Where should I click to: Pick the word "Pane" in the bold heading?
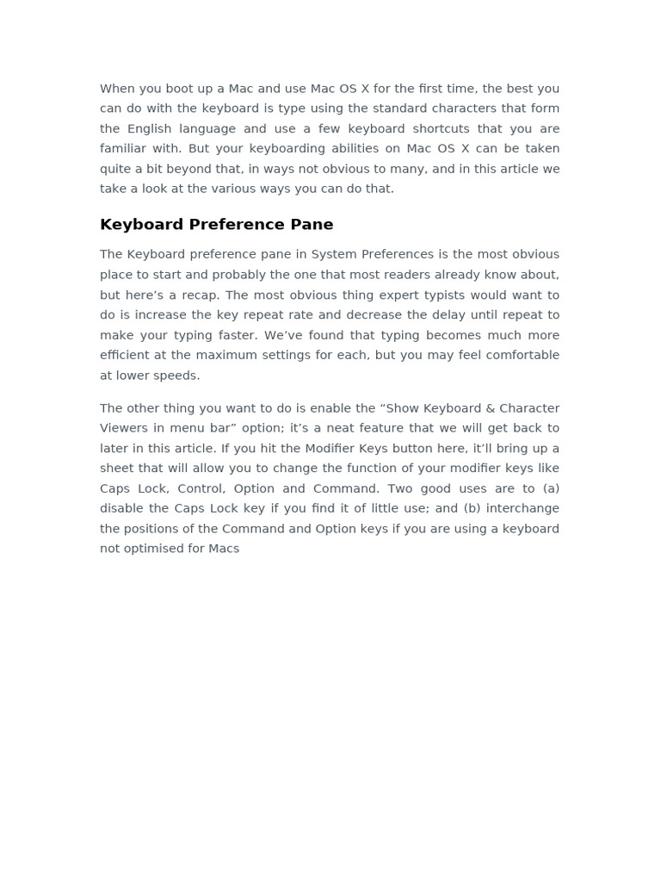click(x=312, y=225)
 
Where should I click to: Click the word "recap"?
click(x=200, y=295)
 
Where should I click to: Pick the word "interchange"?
click(x=526, y=508)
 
